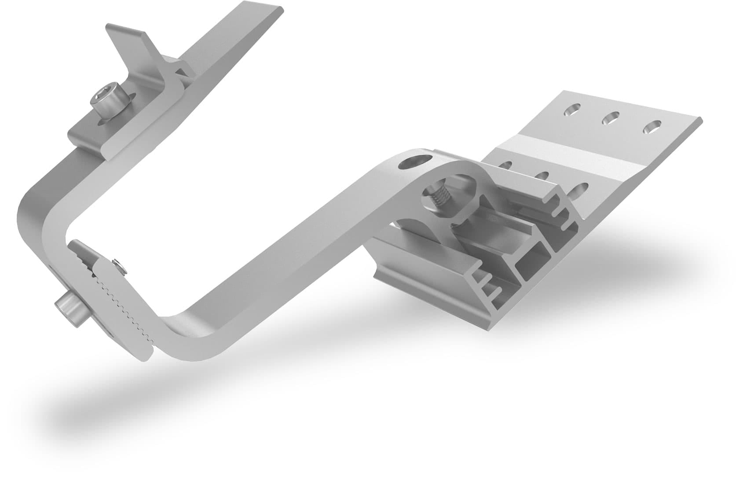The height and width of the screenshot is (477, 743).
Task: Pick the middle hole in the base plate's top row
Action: pyautogui.click(x=611, y=117)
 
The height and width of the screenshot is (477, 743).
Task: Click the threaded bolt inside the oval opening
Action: pyautogui.click(x=438, y=198)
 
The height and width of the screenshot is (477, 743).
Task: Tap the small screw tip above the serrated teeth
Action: pyautogui.click(x=117, y=264)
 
